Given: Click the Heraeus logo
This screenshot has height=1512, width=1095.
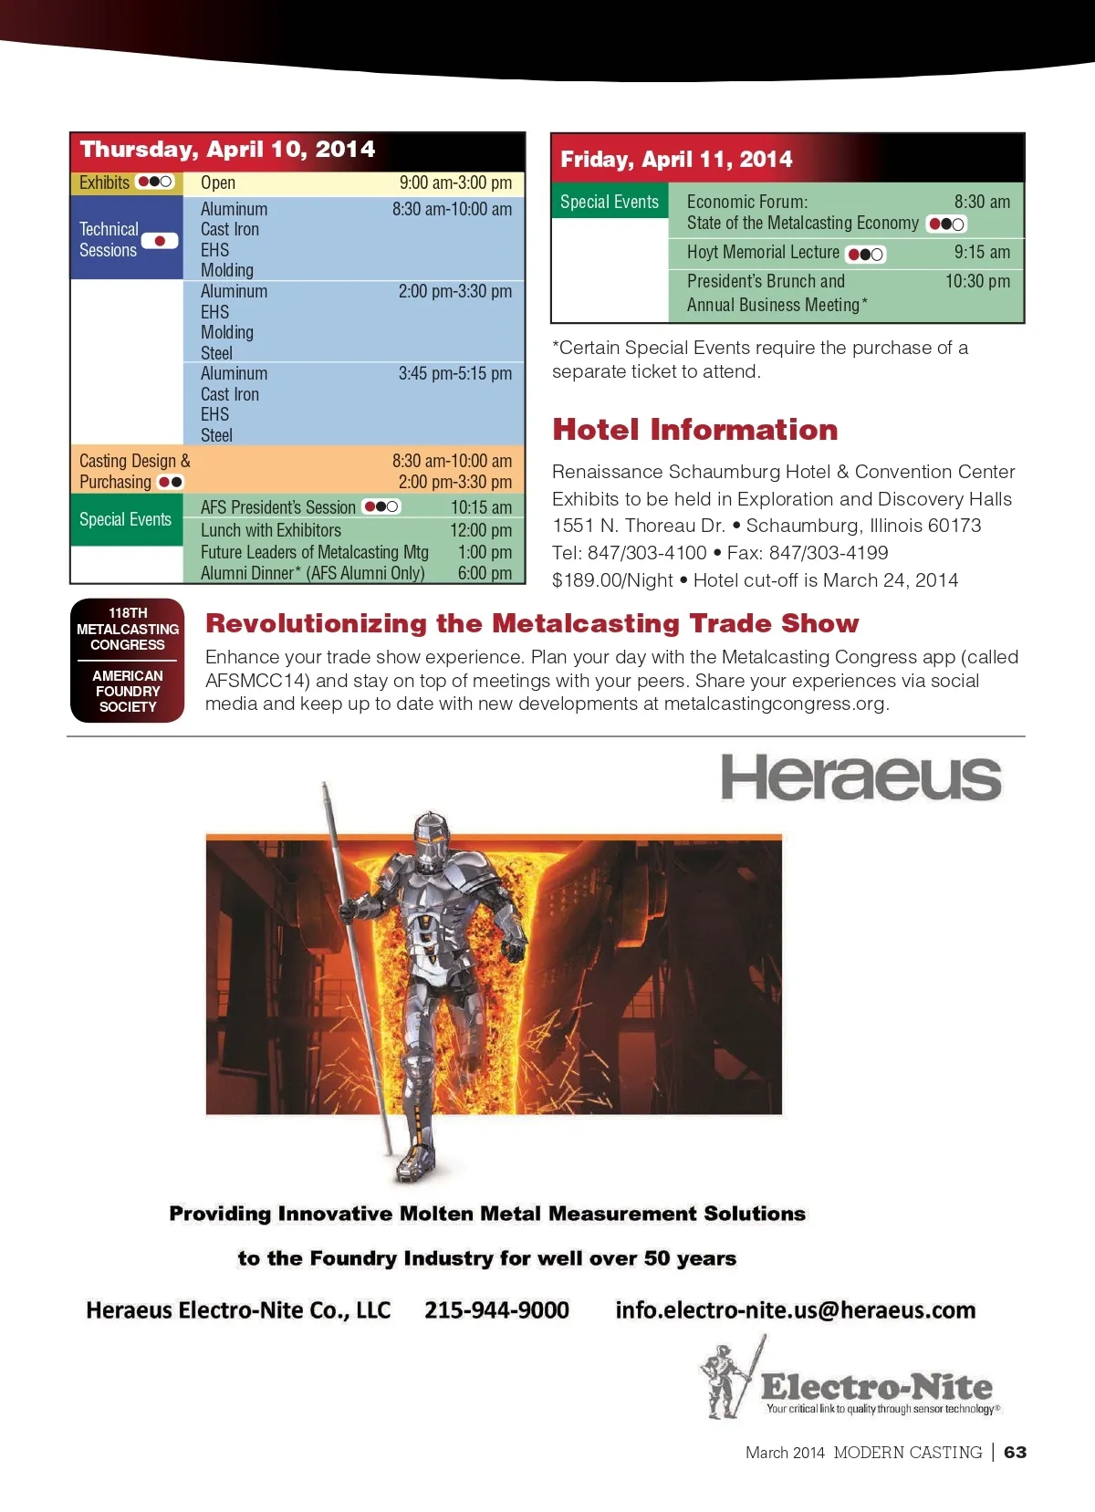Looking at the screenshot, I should (860, 778).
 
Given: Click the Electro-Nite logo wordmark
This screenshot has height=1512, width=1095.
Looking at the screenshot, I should (876, 1387).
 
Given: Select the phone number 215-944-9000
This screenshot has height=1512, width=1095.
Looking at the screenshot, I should (496, 1310).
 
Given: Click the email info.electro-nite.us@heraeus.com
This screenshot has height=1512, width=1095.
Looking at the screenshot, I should (795, 1310).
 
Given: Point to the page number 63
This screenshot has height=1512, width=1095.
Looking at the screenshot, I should (1015, 1452).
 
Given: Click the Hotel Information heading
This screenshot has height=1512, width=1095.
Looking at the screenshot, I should (694, 430).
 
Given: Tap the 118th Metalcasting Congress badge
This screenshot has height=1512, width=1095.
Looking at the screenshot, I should (128, 660).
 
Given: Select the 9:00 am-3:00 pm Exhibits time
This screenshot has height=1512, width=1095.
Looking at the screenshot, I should (455, 182).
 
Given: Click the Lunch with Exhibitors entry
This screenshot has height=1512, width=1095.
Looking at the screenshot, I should (271, 530).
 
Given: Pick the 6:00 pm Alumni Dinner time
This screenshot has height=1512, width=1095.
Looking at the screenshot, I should (485, 573).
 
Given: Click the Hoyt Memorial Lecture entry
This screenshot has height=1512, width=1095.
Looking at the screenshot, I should (763, 253).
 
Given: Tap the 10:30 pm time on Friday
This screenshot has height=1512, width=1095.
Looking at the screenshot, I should (977, 281).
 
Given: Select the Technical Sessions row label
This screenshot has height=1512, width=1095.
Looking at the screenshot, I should (109, 239).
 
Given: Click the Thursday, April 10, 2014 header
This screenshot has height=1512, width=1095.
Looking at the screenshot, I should (227, 150).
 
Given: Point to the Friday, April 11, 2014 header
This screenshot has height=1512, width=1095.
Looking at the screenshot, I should (676, 160).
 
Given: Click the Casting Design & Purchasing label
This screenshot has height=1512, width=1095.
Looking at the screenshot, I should (134, 471).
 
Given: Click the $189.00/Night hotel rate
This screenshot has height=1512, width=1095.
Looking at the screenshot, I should (612, 580).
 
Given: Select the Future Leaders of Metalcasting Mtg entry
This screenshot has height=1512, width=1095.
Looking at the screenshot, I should (315, 552).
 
